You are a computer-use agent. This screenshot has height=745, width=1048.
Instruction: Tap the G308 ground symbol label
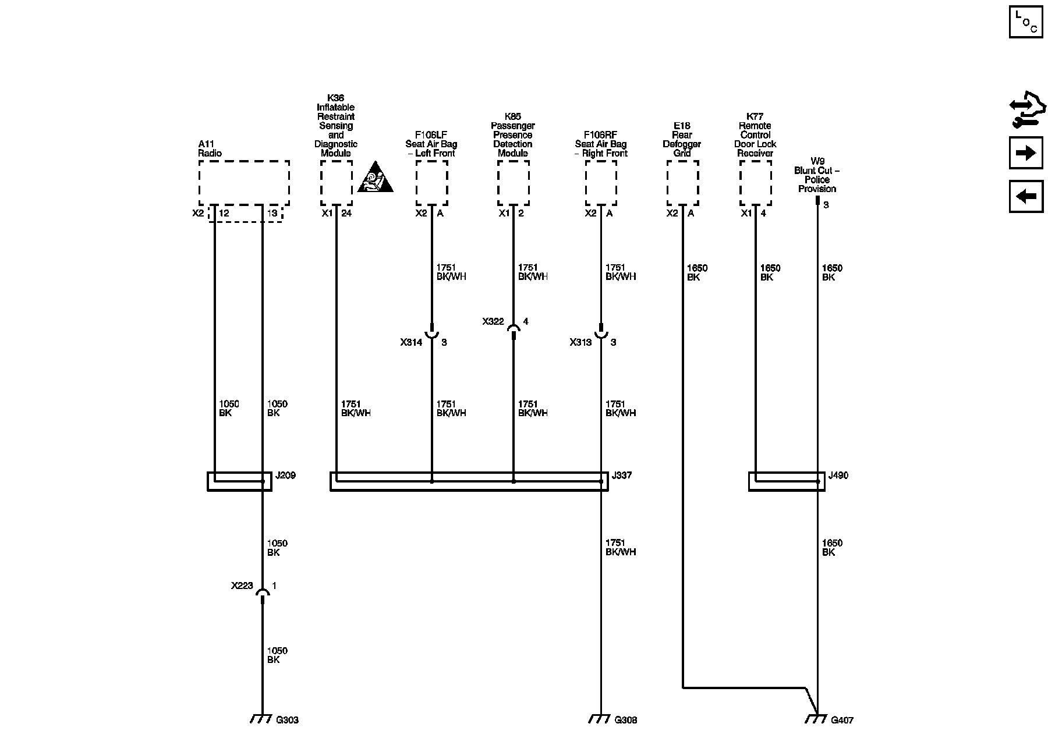(626, 720)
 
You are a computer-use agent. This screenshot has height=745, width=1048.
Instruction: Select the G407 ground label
(842, 720)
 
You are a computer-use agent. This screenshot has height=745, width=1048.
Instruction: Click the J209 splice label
(285, 476)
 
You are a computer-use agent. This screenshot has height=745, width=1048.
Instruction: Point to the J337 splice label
(622, 476)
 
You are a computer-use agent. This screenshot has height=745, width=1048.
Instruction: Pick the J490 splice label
(838, 476)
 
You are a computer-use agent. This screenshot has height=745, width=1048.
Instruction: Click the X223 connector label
(242, 586)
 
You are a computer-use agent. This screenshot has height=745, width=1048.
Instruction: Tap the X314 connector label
(411, 342)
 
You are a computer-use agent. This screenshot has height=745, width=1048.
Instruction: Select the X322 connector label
(493, 321)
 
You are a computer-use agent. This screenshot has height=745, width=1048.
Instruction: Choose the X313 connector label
(580, 342)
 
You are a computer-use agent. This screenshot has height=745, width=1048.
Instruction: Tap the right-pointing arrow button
(1025, 153)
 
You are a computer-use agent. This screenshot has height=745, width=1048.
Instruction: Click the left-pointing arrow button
(1025, 197)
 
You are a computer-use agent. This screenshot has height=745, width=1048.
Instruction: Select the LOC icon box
(1025, 22)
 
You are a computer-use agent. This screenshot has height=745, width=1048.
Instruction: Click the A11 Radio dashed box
(244, 182)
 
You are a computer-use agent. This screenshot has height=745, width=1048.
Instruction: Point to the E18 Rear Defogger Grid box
(682, 183)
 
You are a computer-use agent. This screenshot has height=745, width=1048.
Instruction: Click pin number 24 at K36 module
(346, 213)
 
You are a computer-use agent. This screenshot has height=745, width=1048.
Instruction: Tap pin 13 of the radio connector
(272, 213)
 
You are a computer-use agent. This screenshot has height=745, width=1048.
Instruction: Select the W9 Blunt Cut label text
(817, 175)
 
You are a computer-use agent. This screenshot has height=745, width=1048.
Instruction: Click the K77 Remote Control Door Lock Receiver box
(755, 183)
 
